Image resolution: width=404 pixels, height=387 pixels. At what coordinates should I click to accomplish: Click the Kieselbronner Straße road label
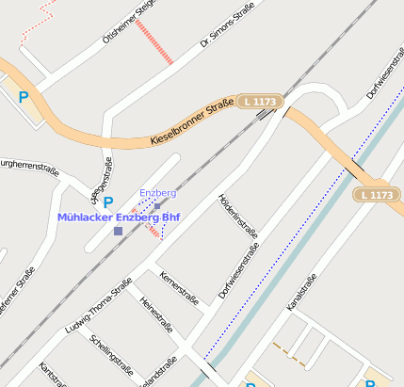pyautogui.click(x=191, y=126)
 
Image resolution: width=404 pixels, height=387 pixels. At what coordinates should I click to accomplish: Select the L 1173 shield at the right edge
pyautogui.click(x=377, y=195)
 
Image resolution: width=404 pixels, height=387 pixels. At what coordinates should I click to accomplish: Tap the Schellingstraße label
pyautogui.click(x=110, y=353)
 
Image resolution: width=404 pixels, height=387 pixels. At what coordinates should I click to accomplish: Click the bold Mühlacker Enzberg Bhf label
pyautogui.click(x=118, y=217)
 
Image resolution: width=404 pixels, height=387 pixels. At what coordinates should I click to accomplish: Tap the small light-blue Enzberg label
pyautogui.click(x=157, y=193)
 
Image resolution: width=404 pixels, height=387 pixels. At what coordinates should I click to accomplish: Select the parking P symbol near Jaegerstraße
pyautogui.click(x=107, y=202)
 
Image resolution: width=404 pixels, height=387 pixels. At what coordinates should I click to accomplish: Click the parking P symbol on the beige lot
pyautogui.click(x=24, y=96)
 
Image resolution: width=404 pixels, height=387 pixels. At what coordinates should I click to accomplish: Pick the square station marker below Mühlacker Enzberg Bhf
pyautogui.click(x=118, y=231)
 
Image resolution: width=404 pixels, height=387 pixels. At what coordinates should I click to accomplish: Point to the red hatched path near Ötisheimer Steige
pyautogui.click(x=154, y=41)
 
